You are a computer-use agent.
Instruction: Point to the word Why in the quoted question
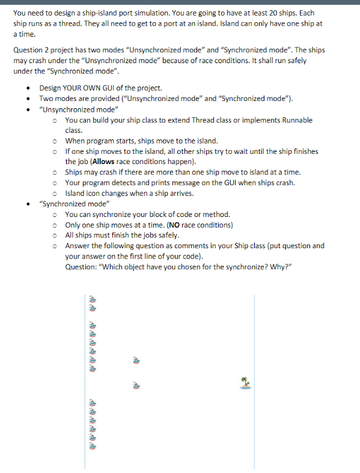270,266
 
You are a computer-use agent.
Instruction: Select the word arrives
178,194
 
